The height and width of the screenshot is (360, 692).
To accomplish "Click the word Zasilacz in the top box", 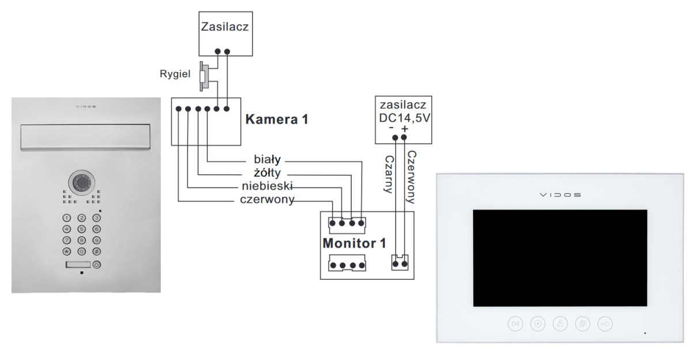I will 225,27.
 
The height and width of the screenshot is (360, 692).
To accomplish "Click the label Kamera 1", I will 277,120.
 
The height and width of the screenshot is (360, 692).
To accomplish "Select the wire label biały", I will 266,160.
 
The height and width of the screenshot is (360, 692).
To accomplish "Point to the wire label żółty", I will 266,173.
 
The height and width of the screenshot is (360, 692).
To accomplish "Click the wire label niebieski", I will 267,187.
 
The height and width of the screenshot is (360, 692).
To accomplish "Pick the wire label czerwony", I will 267,200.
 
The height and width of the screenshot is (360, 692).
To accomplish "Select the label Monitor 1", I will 354,243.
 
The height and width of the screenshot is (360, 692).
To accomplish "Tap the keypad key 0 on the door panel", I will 81,252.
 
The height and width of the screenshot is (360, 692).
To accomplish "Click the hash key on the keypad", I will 96,252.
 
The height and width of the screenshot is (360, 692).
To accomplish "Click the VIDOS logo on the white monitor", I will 560,194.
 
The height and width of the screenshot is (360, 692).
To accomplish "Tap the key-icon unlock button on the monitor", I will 605,324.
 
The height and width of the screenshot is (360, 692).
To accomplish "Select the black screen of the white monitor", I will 560,258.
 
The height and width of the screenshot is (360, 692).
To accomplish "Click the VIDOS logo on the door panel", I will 86,107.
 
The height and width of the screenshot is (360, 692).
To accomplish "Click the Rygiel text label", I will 175,74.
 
